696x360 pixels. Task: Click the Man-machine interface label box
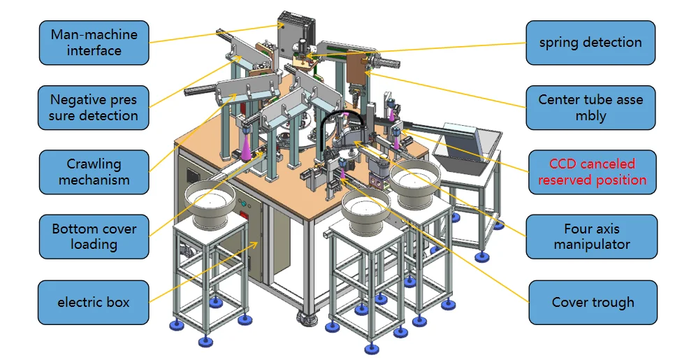pyautogui.click(x=94, y=43)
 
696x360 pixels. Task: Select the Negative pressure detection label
pyautogui.click(x=93, y=108)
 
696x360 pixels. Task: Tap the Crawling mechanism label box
pyautogui.click(x=94, y=172)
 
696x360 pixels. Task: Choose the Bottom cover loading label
pyautogui.click(x=94, y=236)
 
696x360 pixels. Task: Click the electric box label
pyautogui.click(x=93, y=302)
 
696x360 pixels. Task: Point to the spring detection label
pyautogui.click(x=590, y=43)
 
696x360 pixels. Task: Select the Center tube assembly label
pyautogui.click(x=590, y=108)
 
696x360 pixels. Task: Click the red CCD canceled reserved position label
pyautogui.click(x=592, y=172)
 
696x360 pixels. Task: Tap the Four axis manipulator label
pyautogui.click(x=592, y=236)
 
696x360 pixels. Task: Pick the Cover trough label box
pyautogui.click(x=593, y=302)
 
